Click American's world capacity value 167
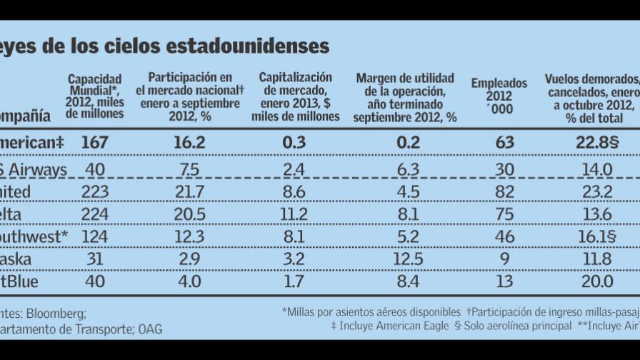(x=94, y=143)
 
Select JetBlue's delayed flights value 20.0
(x=598, y=282)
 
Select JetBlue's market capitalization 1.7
(x=290, y=282)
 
